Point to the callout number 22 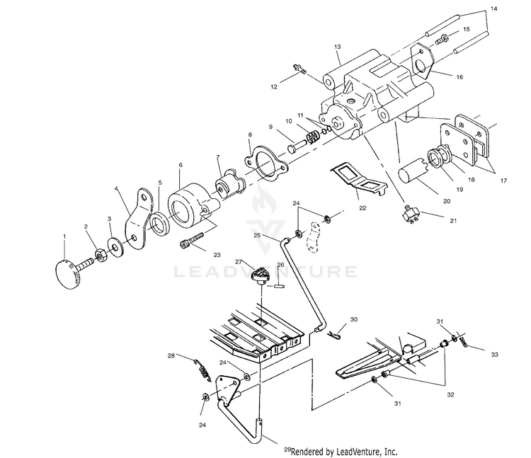[362, 209]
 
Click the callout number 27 [239, 262]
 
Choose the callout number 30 [354, 319]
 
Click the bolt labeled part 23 [193, 237]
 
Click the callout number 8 [249, 134]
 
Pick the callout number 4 [116, 189]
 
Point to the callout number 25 [257, 234]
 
